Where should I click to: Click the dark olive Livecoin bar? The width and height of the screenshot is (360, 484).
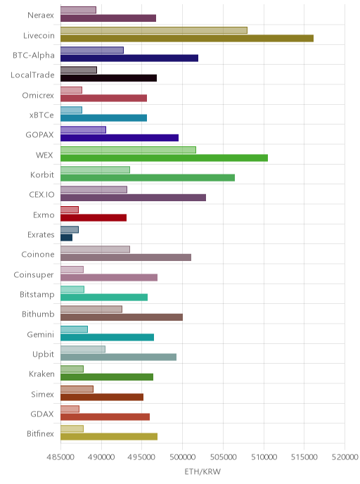[187, 38]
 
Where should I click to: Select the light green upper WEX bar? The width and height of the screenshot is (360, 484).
[129, 150]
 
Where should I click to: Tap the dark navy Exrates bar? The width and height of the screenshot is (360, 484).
[66, 238]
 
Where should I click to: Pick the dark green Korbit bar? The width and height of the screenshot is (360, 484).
[148, 178]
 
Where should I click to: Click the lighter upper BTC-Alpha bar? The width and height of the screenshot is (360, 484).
[92, 51]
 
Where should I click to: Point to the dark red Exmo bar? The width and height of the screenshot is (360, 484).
[94, 217]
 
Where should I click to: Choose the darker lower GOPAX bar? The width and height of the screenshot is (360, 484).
[120, 138]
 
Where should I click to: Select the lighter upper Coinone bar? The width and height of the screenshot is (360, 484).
[95, 250]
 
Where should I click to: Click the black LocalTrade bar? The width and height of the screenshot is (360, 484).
[108, 78]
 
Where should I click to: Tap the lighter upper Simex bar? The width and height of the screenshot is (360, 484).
[77, 389]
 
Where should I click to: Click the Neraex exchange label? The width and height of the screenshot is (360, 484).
[41, 15]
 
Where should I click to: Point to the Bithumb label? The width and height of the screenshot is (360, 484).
[38, 314]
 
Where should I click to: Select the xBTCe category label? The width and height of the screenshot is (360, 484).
[41, 115]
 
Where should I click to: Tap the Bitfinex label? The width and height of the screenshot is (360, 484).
[40, 433]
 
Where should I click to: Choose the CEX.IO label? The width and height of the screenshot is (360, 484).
[41, 195]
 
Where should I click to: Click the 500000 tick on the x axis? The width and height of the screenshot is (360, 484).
[182, 457]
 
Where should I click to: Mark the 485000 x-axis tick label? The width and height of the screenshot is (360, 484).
[60, 457]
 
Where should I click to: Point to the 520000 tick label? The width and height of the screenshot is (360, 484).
[345, 457]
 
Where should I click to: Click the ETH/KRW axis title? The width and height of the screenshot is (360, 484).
[202, 471]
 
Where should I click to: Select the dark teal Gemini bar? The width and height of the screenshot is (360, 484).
[107, 338]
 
